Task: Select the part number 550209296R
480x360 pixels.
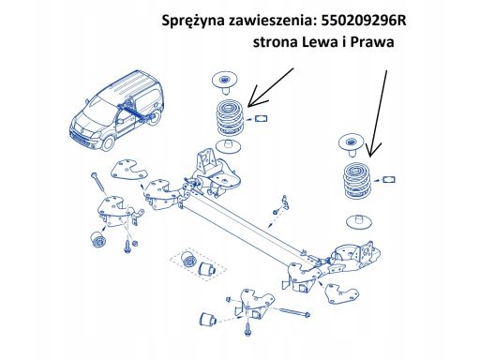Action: [364, 21]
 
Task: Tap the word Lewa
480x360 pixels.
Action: [320, 41]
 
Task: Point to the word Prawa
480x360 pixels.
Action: [372, 41]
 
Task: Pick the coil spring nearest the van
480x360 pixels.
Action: [231, 118]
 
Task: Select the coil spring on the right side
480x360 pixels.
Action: [356, 180]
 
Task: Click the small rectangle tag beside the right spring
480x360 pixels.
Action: [389, 179]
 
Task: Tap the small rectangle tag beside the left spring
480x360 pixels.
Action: [262, 118]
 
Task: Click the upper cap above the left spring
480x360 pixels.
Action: [224, 82]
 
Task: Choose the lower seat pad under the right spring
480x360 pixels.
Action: [359, 221]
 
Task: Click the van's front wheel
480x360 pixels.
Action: [108, 142]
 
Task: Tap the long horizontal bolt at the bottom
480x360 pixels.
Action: [292, 312]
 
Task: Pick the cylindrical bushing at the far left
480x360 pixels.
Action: [98, 240]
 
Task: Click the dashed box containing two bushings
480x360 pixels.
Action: [198, 264]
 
